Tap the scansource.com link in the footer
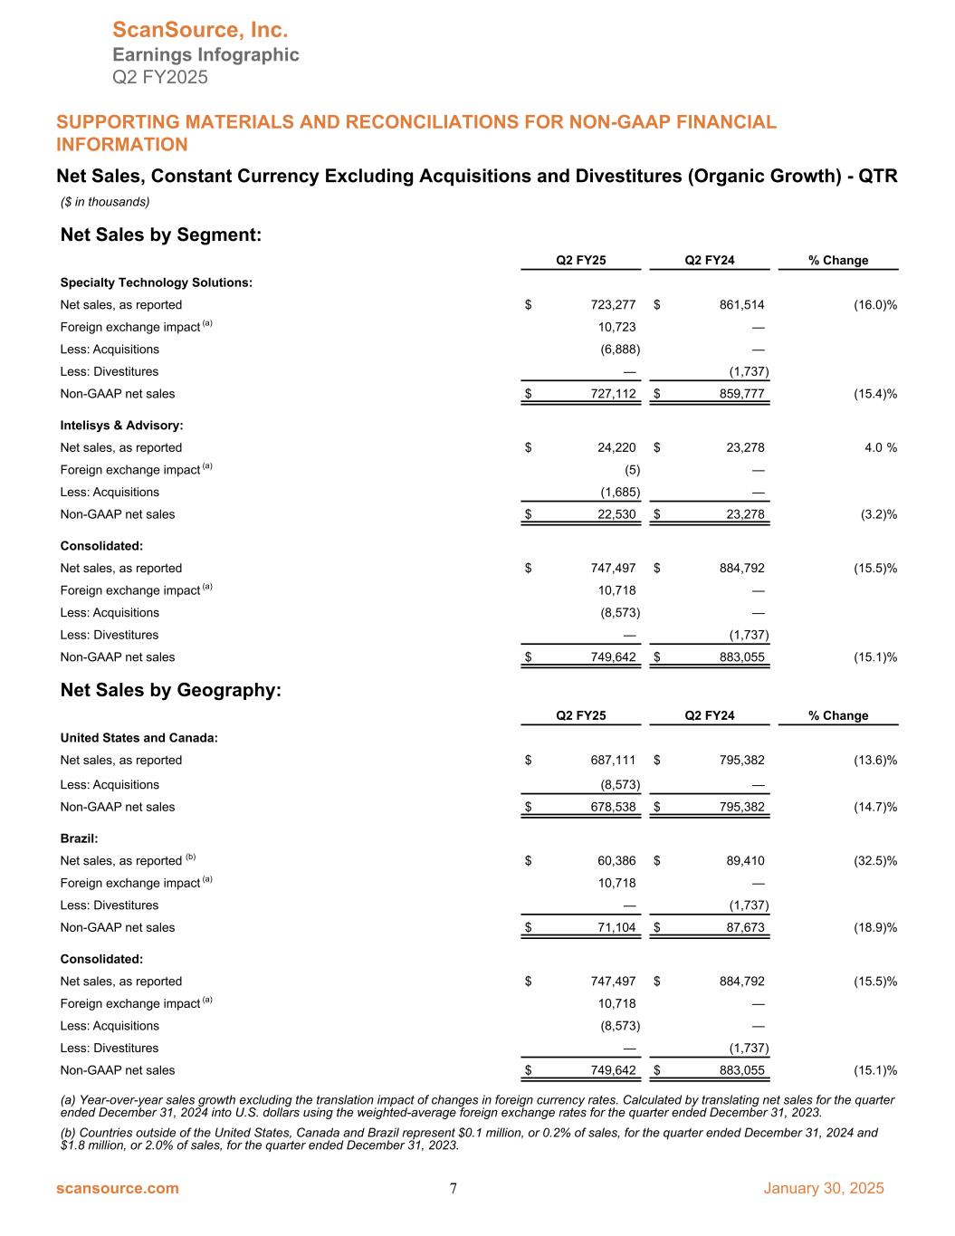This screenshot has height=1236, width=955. click(x=118, y=1188)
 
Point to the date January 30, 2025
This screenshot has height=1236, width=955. click(x=824, y=1188)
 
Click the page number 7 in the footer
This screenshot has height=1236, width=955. click(x=453, y=1189)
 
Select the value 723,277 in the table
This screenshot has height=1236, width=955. click(x=612, y=305)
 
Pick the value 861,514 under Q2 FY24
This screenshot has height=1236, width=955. click(x=740, y=305)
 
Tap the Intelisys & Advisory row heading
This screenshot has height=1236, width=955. click(x=121, y=425)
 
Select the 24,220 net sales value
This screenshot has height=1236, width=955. click(x=616, y=447)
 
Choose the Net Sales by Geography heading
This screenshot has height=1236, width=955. click(x=171, y=690)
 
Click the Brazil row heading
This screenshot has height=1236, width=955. click(x=79, y=838)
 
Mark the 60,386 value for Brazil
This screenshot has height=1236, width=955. click(x=616, y=860)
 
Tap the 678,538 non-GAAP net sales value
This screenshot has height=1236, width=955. click(x=612, y=807)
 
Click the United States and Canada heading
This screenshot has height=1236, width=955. click(x=138, y=738)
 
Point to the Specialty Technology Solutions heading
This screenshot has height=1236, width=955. click(x=156, y=283)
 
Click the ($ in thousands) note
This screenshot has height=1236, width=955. click(x=105, y=201)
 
